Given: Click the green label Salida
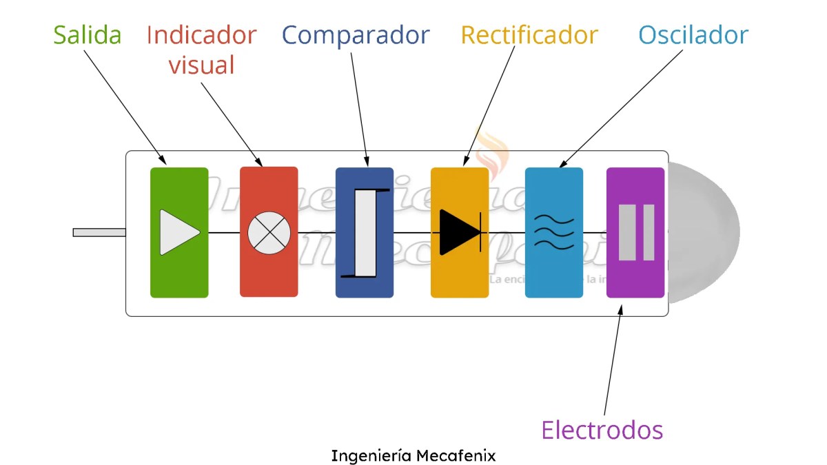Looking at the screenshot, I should pyautogui.click(x=88, y=34).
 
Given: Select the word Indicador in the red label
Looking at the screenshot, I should pyautogui.click(x=201, y=34).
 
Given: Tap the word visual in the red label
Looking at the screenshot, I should pyautogui.click(x=201, y=65).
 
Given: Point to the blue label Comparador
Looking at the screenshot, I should pyautogui.click(x=356, y=34).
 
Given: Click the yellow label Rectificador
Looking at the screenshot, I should pyautogui.click(x=529, y=34).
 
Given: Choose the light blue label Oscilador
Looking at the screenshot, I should pyautogui.click(x=693, y=34).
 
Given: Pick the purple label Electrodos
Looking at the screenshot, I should pyautogui.click(x=602, y=430).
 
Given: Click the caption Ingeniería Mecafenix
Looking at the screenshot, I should pyautogui.click(x=413, y=455).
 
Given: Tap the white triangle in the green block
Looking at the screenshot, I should pyautogui.click(x=178, y=232).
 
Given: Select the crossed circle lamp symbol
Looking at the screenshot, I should pyautogui.click(x=269, y=232).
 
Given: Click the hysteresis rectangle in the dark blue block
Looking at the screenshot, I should pyautogui.click(x=365, y=232).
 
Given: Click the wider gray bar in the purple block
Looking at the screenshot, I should pyautogui.click(x=627, y=232).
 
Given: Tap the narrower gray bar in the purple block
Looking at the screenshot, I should pyautogui.click(x=649, y=232).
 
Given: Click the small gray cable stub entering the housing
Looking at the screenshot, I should pyautogui.click(x=99, y=232).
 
